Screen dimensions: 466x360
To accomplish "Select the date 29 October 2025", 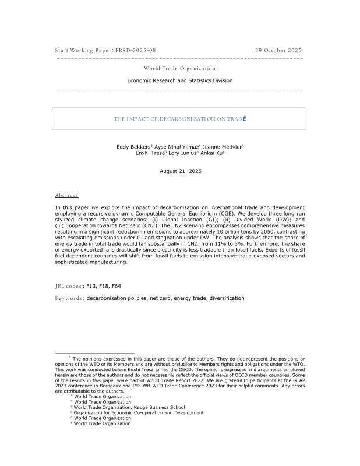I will (278, 51).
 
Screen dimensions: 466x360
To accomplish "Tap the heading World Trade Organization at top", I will (179, 69).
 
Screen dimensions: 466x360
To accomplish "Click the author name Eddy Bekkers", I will (133, 147).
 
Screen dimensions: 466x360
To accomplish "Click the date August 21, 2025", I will (179, 171).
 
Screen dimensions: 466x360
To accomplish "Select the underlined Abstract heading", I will (66, 196).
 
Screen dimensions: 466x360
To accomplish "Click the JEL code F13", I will (91, 287).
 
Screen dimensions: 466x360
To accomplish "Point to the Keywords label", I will (68, 298).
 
